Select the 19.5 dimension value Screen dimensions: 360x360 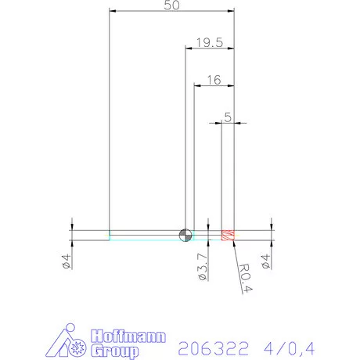tap(208, 42)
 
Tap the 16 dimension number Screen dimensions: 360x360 tap(213, 80)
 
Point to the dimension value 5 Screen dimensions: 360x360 tap(228, 117)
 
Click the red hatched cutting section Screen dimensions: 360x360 tap(228, 235)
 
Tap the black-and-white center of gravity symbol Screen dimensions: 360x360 tap(185, 235)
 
